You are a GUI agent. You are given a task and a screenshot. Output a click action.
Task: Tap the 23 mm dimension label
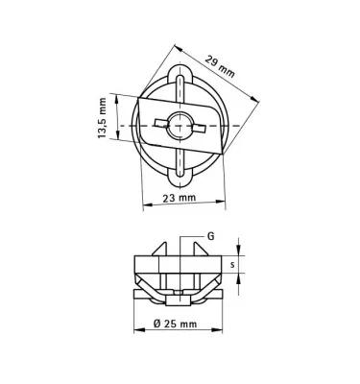coord(179,197)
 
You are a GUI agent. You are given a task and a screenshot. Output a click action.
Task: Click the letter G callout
coord(210,234)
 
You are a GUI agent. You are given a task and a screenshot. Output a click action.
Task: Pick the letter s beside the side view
coord(233,262)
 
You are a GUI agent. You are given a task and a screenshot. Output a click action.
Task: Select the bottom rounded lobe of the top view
coord(179,177)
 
